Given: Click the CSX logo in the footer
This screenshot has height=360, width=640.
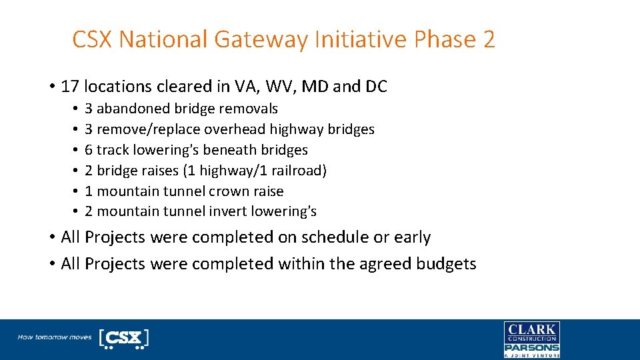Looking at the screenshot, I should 123,338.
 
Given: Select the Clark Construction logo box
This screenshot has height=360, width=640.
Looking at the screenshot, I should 531,332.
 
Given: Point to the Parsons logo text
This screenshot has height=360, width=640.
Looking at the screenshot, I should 531,347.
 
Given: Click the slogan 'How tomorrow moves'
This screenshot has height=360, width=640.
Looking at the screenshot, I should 55,337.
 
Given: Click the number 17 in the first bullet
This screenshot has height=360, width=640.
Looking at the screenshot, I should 70,87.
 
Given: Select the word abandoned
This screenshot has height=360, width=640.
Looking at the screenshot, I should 134,109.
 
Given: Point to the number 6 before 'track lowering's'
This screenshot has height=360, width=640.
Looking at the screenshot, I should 89,150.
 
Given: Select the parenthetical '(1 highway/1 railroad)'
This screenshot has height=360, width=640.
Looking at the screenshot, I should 255,171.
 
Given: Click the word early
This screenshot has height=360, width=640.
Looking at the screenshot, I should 412,237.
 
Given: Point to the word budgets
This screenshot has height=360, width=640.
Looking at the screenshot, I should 446,264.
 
